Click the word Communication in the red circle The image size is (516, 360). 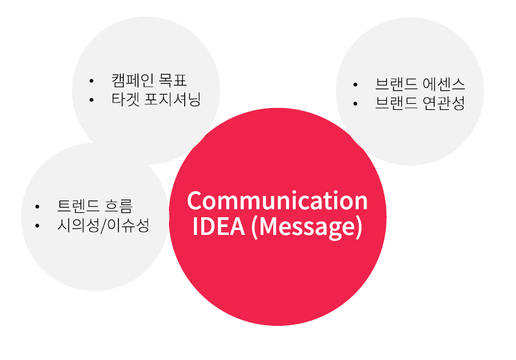278,201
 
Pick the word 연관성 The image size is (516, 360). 443,103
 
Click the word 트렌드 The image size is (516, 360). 78,206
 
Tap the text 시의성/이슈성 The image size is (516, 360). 102,225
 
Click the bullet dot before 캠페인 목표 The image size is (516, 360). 91,81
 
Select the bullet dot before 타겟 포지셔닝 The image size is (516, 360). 91,99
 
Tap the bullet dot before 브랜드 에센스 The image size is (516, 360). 356,84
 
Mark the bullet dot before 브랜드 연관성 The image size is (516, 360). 356,103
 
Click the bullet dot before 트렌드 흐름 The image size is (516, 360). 38,206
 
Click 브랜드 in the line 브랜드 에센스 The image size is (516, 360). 395,84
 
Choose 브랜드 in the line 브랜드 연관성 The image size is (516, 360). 395,103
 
